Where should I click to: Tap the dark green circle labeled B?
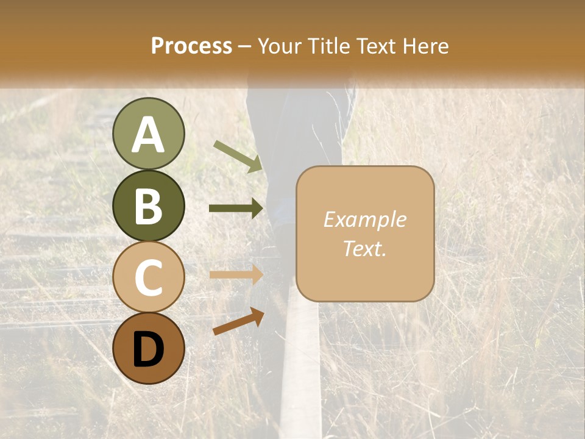pyautogui.click(x=148, y=205)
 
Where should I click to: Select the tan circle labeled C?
pyautogui.click(x=148, y=277)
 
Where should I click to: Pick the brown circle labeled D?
pyautogui.click(x=148, y=348)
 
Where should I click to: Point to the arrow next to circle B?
pyautogui.click(x=236, y=209)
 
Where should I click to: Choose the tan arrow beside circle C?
pyautogui.click(x=236, y=274)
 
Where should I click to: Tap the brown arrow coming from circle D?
pyautogui.click(x=238, y=321)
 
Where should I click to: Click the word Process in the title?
pyautogui.click(x=191, y=46)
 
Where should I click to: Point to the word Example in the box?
pyautogui.click(x=364, y=220)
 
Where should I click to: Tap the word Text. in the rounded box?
pyautogui.click(x=364, y=248)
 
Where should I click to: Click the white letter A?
pyautogui.click(x=148, y=135)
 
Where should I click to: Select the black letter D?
pyautogui.click(x=148, y=349)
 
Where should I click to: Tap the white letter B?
pyautogui.click(x=148, y=206)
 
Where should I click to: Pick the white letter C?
pyautogui.click(x=148, y=277)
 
